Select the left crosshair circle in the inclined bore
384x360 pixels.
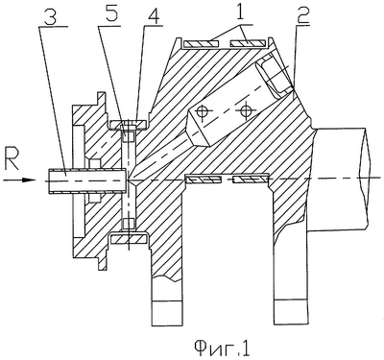(202, 111)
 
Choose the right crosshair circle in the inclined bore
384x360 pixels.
(246, 111)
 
